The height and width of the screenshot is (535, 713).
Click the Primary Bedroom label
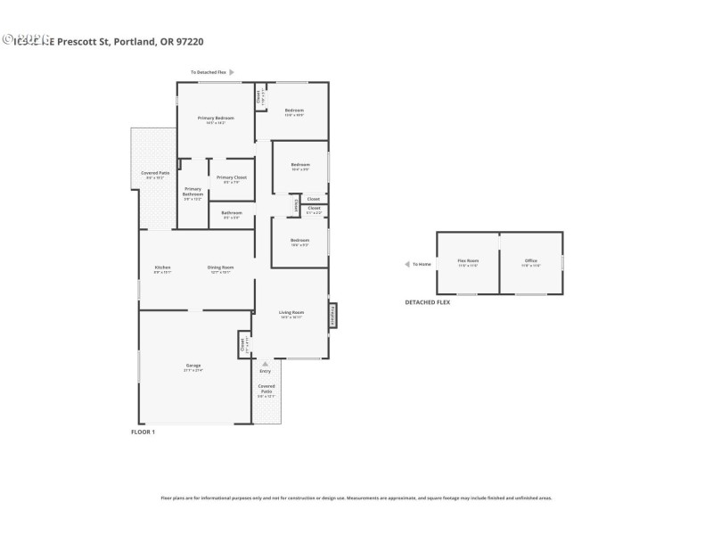(217, 119)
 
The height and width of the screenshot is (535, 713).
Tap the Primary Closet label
(232, 177)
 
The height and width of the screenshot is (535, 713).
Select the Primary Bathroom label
(193, 191)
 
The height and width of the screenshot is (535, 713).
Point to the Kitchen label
(162, 267)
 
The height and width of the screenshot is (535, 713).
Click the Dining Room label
(221, 267)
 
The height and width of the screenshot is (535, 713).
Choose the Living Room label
(291, 312)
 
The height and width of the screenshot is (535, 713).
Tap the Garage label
(193, 366)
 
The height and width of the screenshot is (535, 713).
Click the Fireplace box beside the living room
(334, 316)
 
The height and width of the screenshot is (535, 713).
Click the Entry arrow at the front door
(265, 364)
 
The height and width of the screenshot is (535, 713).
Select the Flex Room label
(468, 260)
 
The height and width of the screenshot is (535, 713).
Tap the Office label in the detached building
(531, 260)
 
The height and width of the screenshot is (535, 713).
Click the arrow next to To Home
(406, 264)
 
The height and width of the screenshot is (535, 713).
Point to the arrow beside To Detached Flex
(232, 72)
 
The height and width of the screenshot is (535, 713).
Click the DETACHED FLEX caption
(428, 303)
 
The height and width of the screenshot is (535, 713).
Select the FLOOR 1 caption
(143, 432)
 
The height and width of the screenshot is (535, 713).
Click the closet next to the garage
(242, 344)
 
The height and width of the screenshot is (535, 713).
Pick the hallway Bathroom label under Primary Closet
(232, 213)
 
